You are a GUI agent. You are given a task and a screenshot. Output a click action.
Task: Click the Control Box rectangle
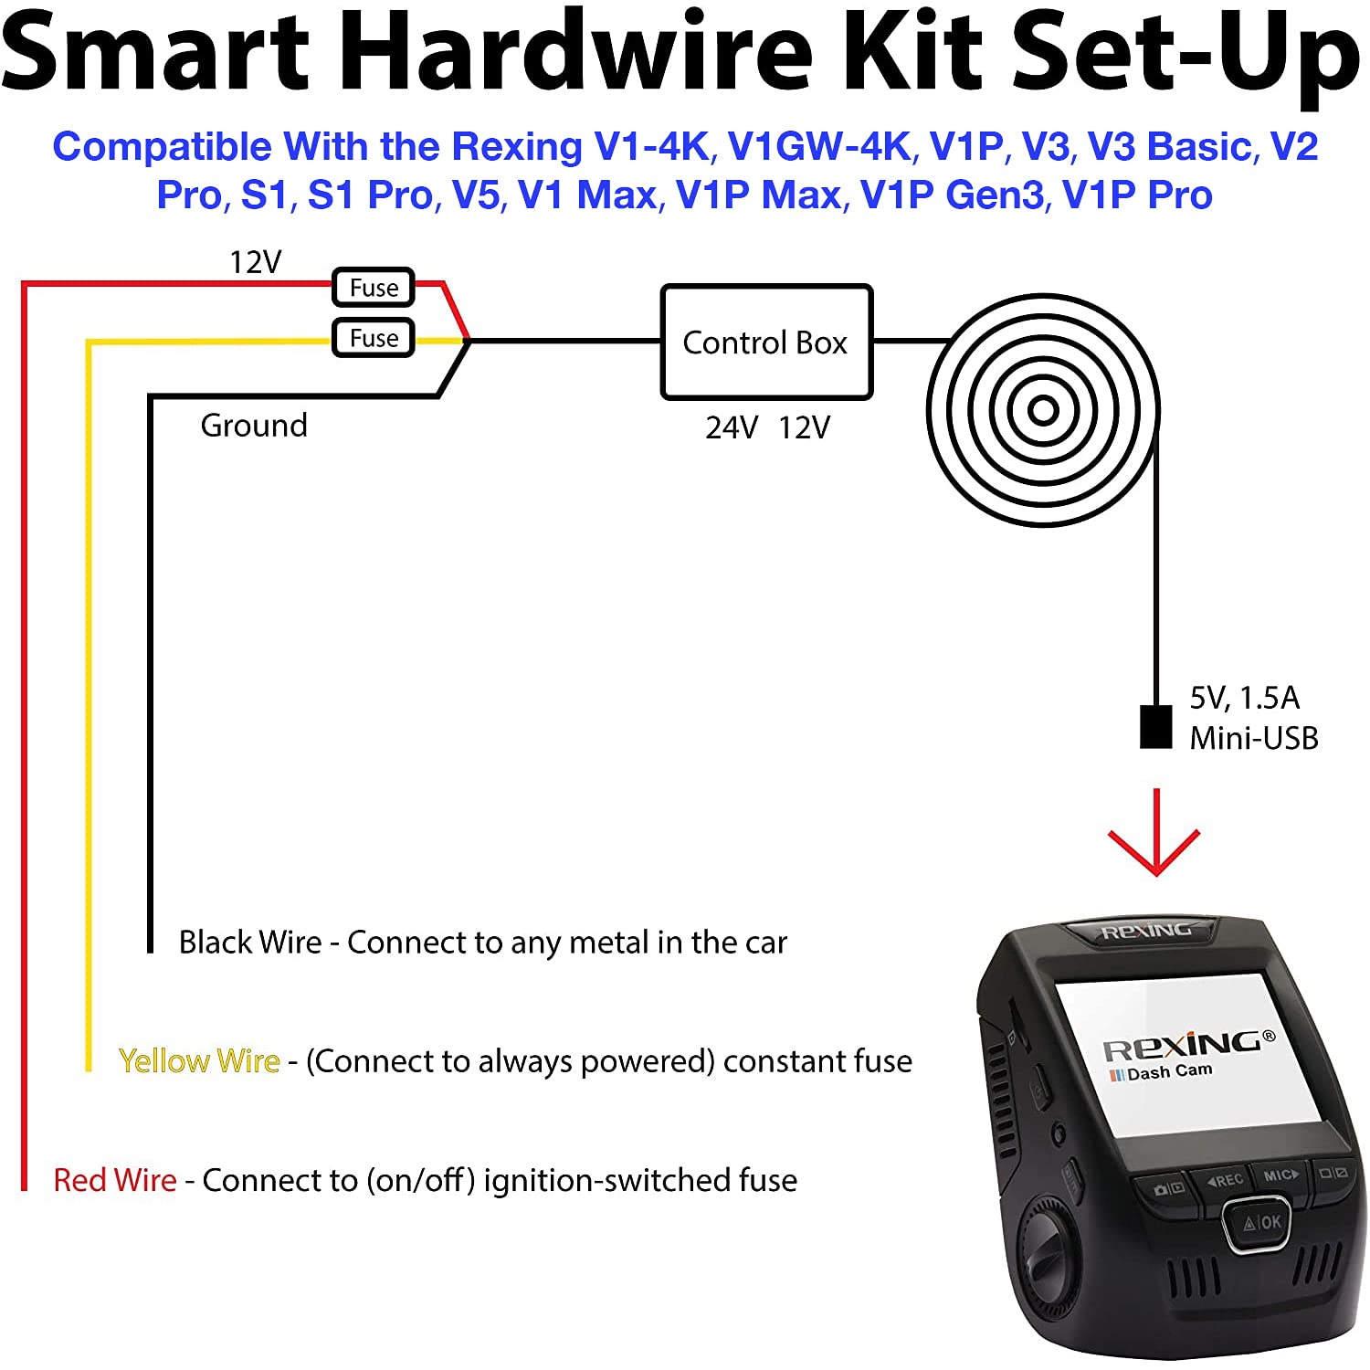click(765, 342)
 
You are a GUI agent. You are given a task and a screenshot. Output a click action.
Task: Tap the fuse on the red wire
click(373, 288)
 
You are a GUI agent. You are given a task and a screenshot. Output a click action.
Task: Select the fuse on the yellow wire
click(373, 338)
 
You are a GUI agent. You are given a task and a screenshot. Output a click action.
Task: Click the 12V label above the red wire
click(255, 262)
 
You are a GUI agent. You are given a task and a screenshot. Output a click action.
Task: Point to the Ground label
click(254, 426)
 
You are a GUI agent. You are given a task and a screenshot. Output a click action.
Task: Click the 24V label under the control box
click(731, 427)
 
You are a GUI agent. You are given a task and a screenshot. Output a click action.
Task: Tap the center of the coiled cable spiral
click(1043, 410)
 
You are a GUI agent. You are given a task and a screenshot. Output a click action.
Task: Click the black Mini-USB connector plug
click(1155, 727)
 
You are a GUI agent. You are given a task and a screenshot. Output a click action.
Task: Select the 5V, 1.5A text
click(1244, 698)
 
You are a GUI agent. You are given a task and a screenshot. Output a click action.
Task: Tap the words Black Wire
click(250, 942)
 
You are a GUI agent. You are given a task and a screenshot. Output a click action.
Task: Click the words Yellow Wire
click(199, 1060)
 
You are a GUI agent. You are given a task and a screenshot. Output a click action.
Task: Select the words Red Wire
click(115, 1180)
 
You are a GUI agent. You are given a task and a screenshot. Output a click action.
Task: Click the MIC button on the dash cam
click(1280, 1175)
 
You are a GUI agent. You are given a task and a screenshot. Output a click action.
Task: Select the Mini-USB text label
click(1253, 738)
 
